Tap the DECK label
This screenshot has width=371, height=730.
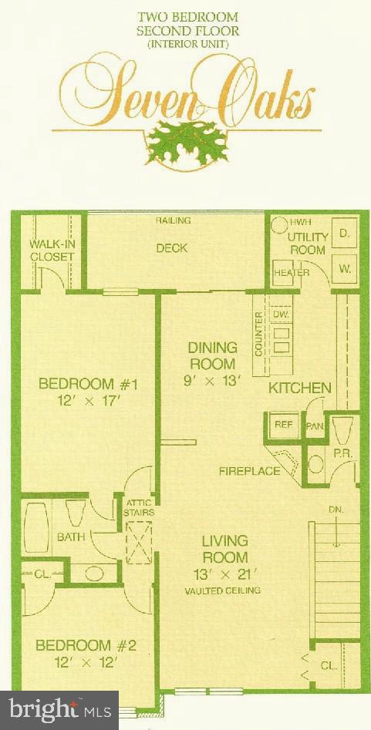[171, 248]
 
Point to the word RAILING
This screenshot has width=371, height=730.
[174, 221]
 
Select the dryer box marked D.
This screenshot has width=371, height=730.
[344, 234]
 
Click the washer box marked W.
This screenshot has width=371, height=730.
[344, 270]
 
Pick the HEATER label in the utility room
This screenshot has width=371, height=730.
[292, 272]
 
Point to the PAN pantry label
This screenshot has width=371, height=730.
[314, 426]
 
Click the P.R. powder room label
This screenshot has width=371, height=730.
[342, 455]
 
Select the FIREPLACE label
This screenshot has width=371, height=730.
[249, 471]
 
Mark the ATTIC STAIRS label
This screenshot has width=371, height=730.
[140, 506]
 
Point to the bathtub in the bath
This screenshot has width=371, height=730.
[36, 530]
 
